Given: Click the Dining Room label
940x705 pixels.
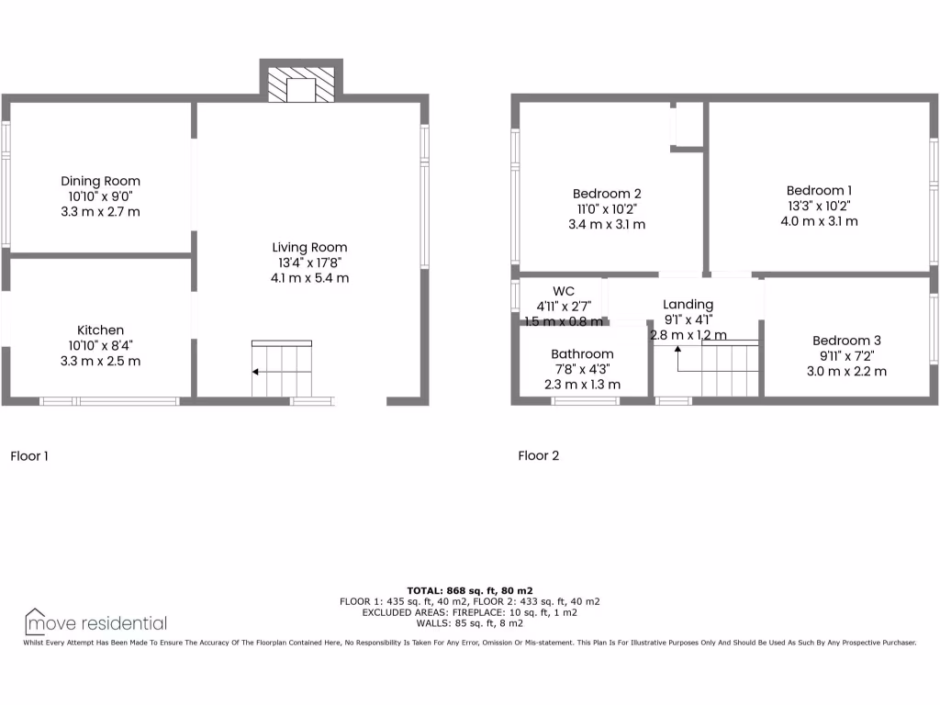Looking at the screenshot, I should click(100, 181).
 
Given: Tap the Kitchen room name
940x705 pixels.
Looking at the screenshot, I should click(100, 330).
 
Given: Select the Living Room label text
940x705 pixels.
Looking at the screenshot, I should click(309, 247).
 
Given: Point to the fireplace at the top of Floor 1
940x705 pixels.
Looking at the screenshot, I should click(301, 88).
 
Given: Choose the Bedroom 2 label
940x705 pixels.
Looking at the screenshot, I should click(606, 193).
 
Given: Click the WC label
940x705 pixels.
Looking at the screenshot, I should click(564, 291).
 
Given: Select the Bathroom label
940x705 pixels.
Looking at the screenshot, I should click(582, 353).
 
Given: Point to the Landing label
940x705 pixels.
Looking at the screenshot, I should click(688, 304).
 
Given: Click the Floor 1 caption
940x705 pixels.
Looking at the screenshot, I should click(28, 455).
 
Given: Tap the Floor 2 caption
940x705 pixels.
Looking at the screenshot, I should click(538, 455).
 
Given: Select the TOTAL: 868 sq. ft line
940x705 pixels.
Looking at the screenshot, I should click(469, 590).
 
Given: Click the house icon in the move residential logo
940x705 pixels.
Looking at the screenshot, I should click(36, 621).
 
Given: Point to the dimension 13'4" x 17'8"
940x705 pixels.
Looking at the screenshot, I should click(309, 263).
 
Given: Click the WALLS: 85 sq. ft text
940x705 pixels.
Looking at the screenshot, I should click(469, 622).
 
